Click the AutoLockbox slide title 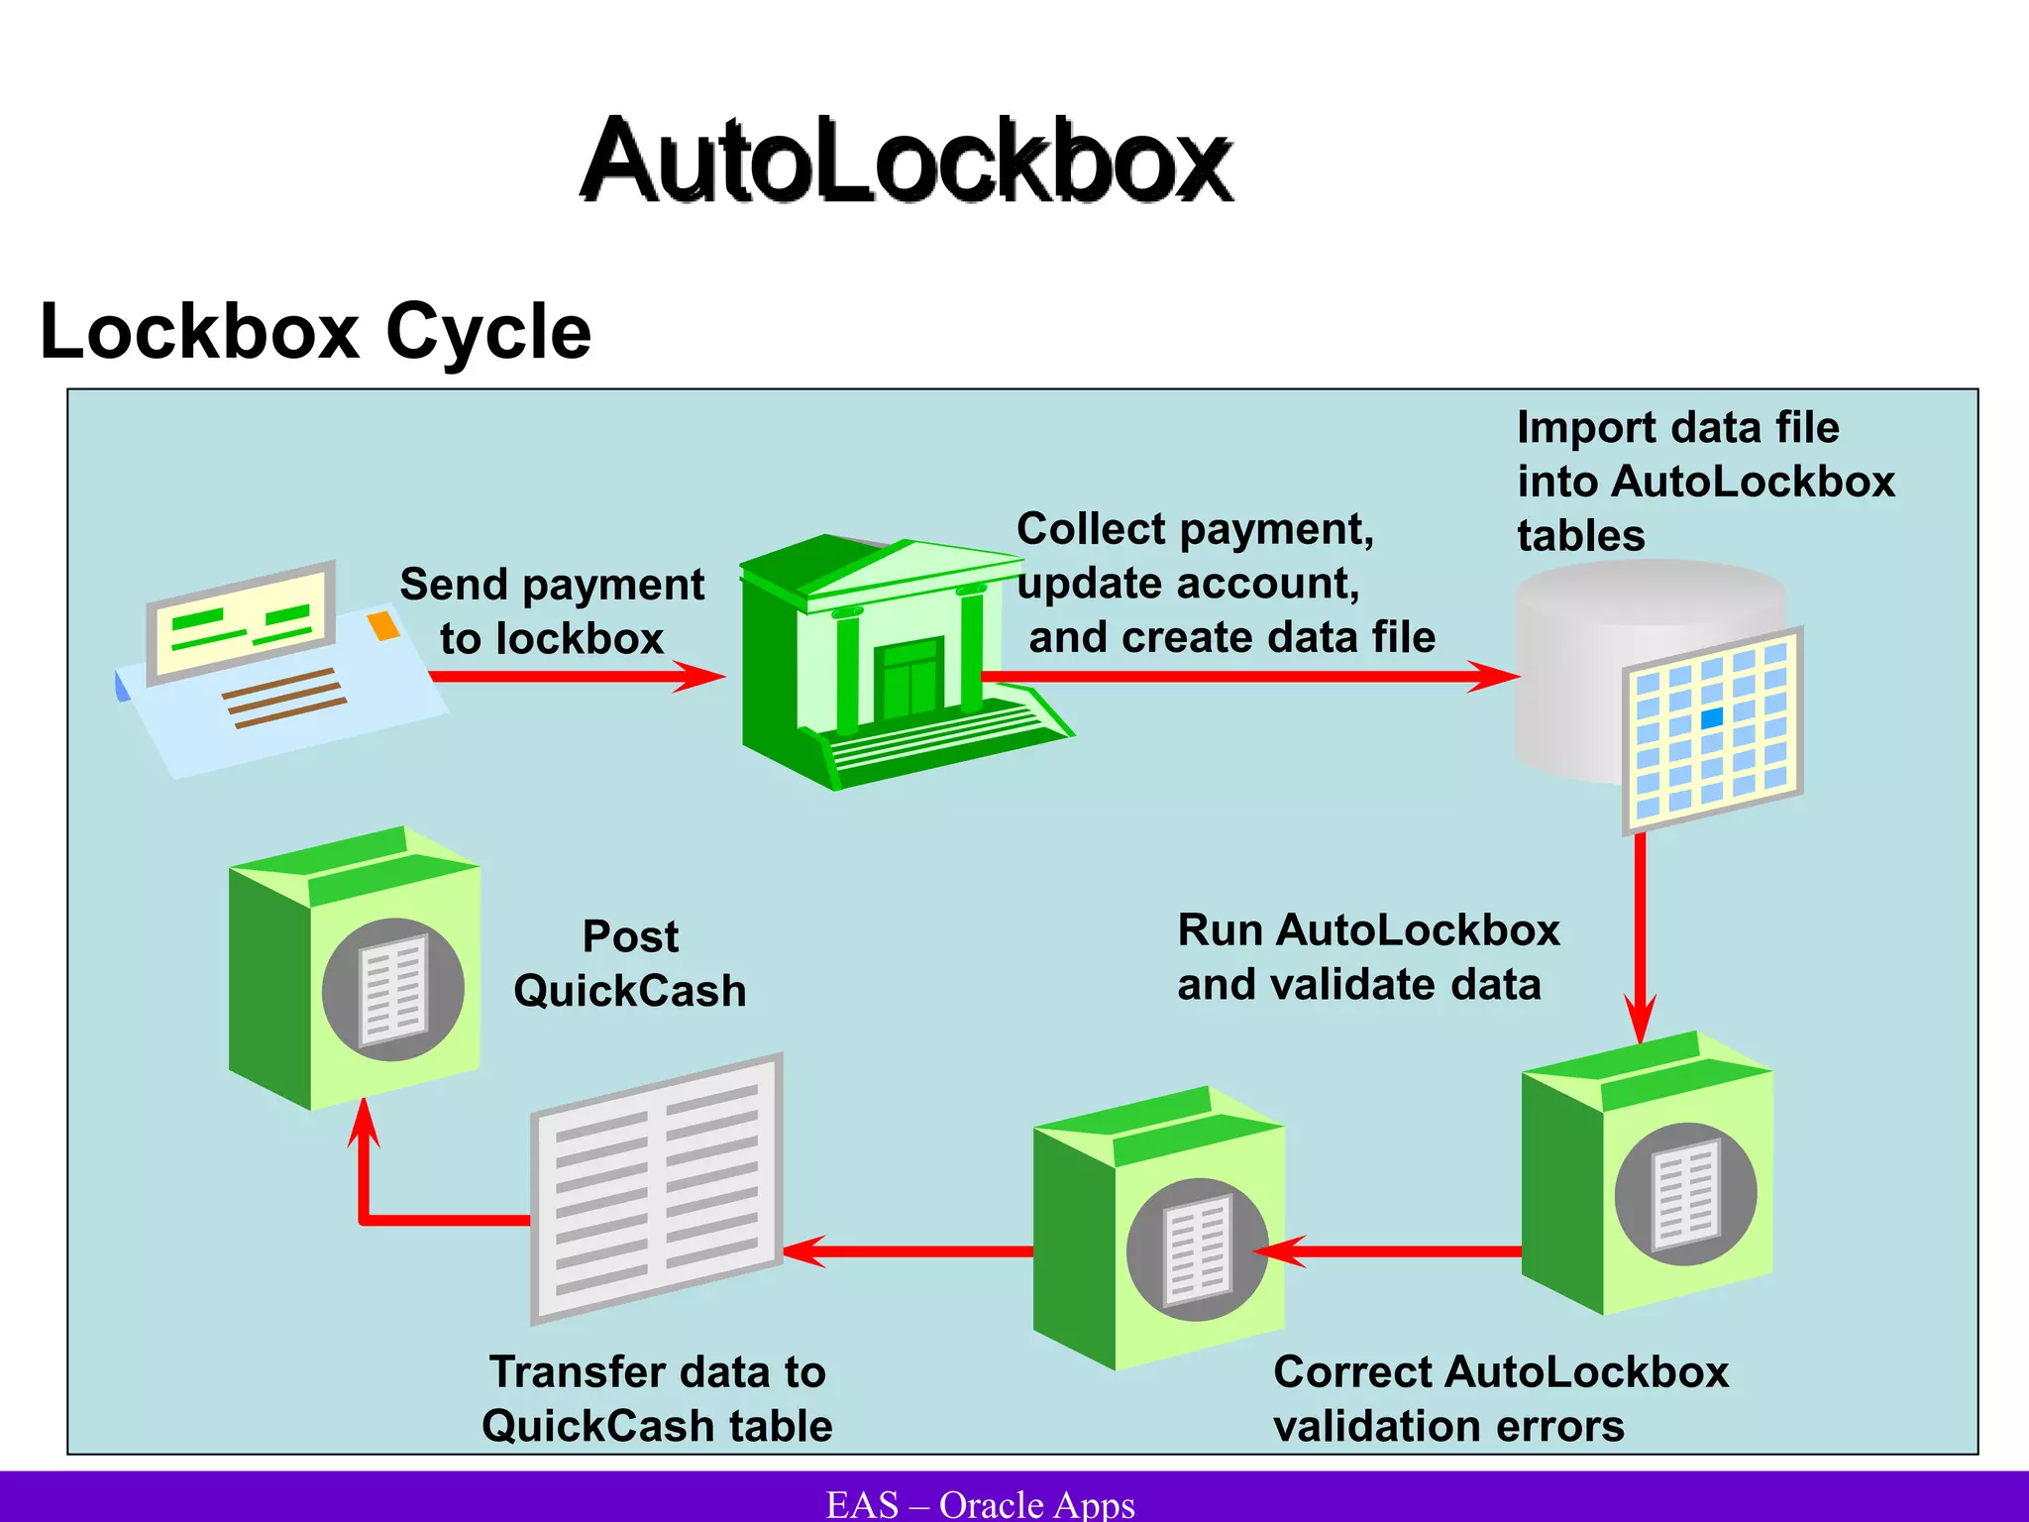point(907,161)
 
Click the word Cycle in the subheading point(487,332)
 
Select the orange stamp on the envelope point(383,626)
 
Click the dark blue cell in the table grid point(1711,718)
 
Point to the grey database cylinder point(1585,674)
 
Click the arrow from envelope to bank point(575,677)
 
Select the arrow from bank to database point(1238,677)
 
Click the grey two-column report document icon point(657,1189)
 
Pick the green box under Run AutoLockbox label point(1648,1175)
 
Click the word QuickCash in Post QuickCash point(630,991)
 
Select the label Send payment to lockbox point(552,610)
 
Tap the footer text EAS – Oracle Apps point(981,1504)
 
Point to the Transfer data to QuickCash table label point(657,1399)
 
